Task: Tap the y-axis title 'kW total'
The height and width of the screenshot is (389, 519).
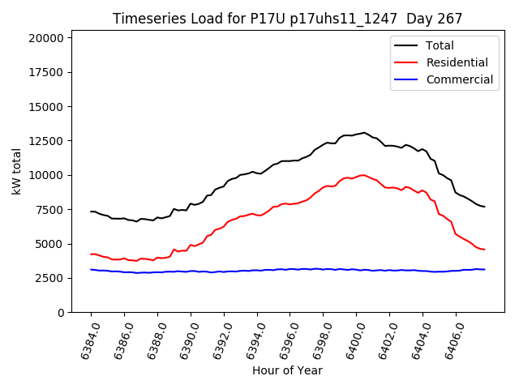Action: pos(16,171)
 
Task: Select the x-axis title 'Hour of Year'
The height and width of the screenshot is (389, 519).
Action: pos(287,370)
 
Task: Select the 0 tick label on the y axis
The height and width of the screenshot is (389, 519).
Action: pos(61,313)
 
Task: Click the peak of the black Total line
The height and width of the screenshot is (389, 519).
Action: pos(364,132)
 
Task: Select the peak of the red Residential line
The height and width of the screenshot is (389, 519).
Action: pos(362,174)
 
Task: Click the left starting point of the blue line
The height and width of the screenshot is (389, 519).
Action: pos(91,270)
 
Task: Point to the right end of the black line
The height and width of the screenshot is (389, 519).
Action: pos(484,207)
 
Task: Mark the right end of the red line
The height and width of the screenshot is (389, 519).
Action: pos(484,249)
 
